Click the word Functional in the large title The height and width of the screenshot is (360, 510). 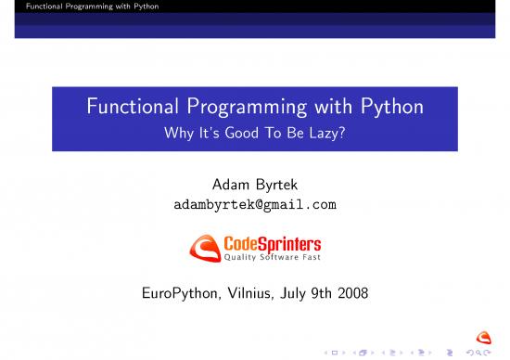point(130,109)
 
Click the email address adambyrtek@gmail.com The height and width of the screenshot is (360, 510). point(255,204)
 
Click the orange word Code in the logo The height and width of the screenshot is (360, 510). point(243,243)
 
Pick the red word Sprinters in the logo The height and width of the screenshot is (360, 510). point(290,243)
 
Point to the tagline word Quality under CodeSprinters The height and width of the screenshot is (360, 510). point(243,257)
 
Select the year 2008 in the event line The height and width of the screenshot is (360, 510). point(352,294)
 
